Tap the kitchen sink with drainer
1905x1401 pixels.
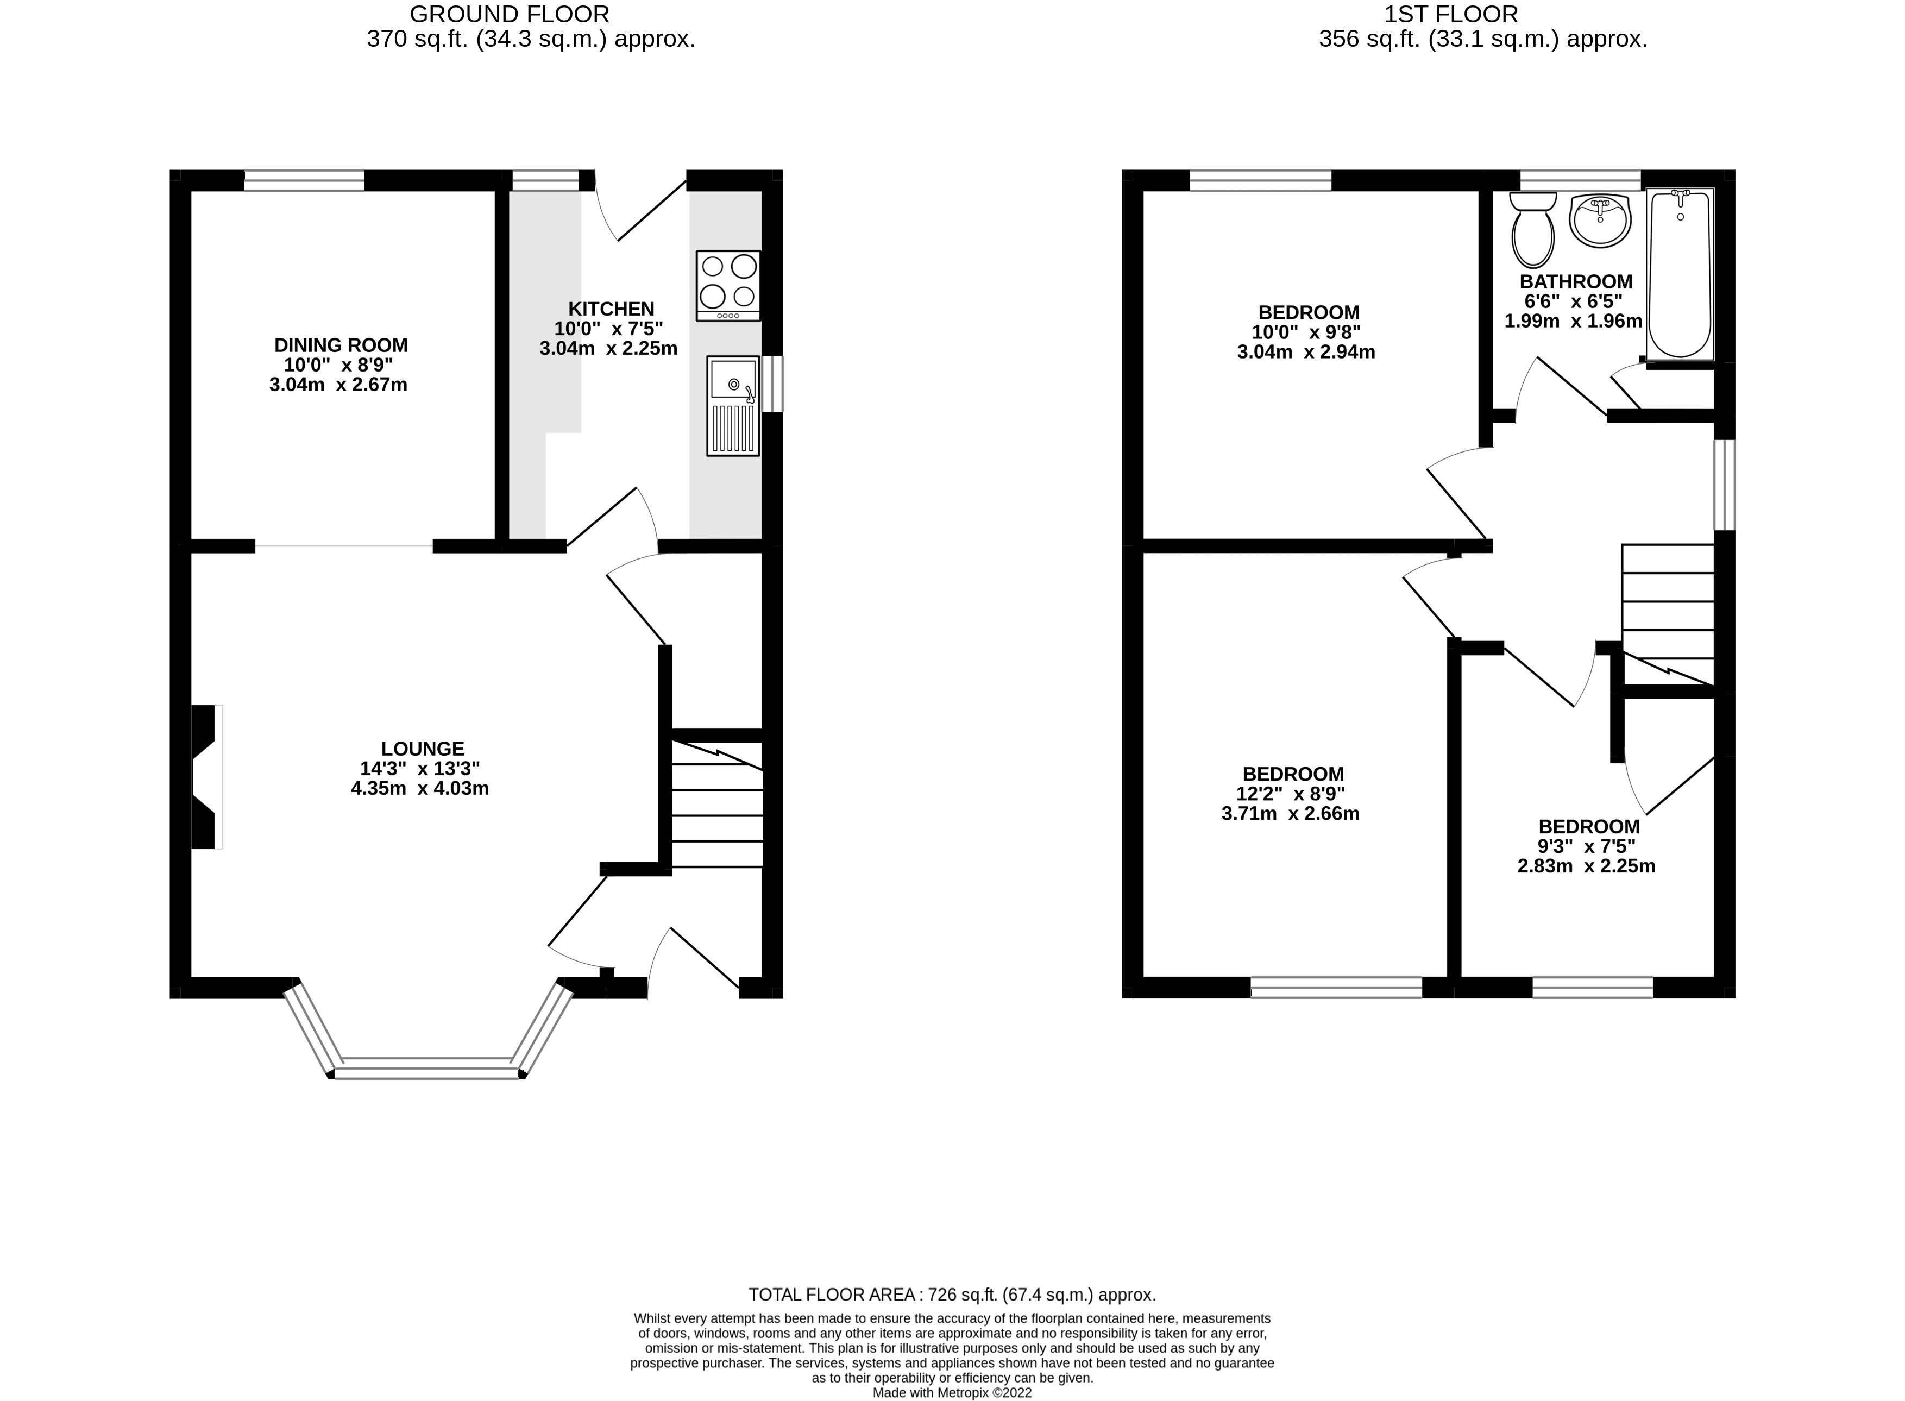tap(732, 405)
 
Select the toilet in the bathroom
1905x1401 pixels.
tap(1533, 229)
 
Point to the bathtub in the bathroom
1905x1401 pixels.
tap(1680, 274)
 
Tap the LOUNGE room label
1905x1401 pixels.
tap(422, 749)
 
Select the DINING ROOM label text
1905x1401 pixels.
tap(341, 345)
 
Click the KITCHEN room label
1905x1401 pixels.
tap(611, 309)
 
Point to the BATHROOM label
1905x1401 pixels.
tap(1576, 281)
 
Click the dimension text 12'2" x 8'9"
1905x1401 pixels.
tap(1293, 794)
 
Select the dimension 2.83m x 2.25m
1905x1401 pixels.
tap(1586, 866)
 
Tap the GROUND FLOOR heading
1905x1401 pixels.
tap(510, 15)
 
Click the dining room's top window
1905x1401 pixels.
tap(304, 181)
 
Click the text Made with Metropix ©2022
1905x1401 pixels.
tap(952, 1392)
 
